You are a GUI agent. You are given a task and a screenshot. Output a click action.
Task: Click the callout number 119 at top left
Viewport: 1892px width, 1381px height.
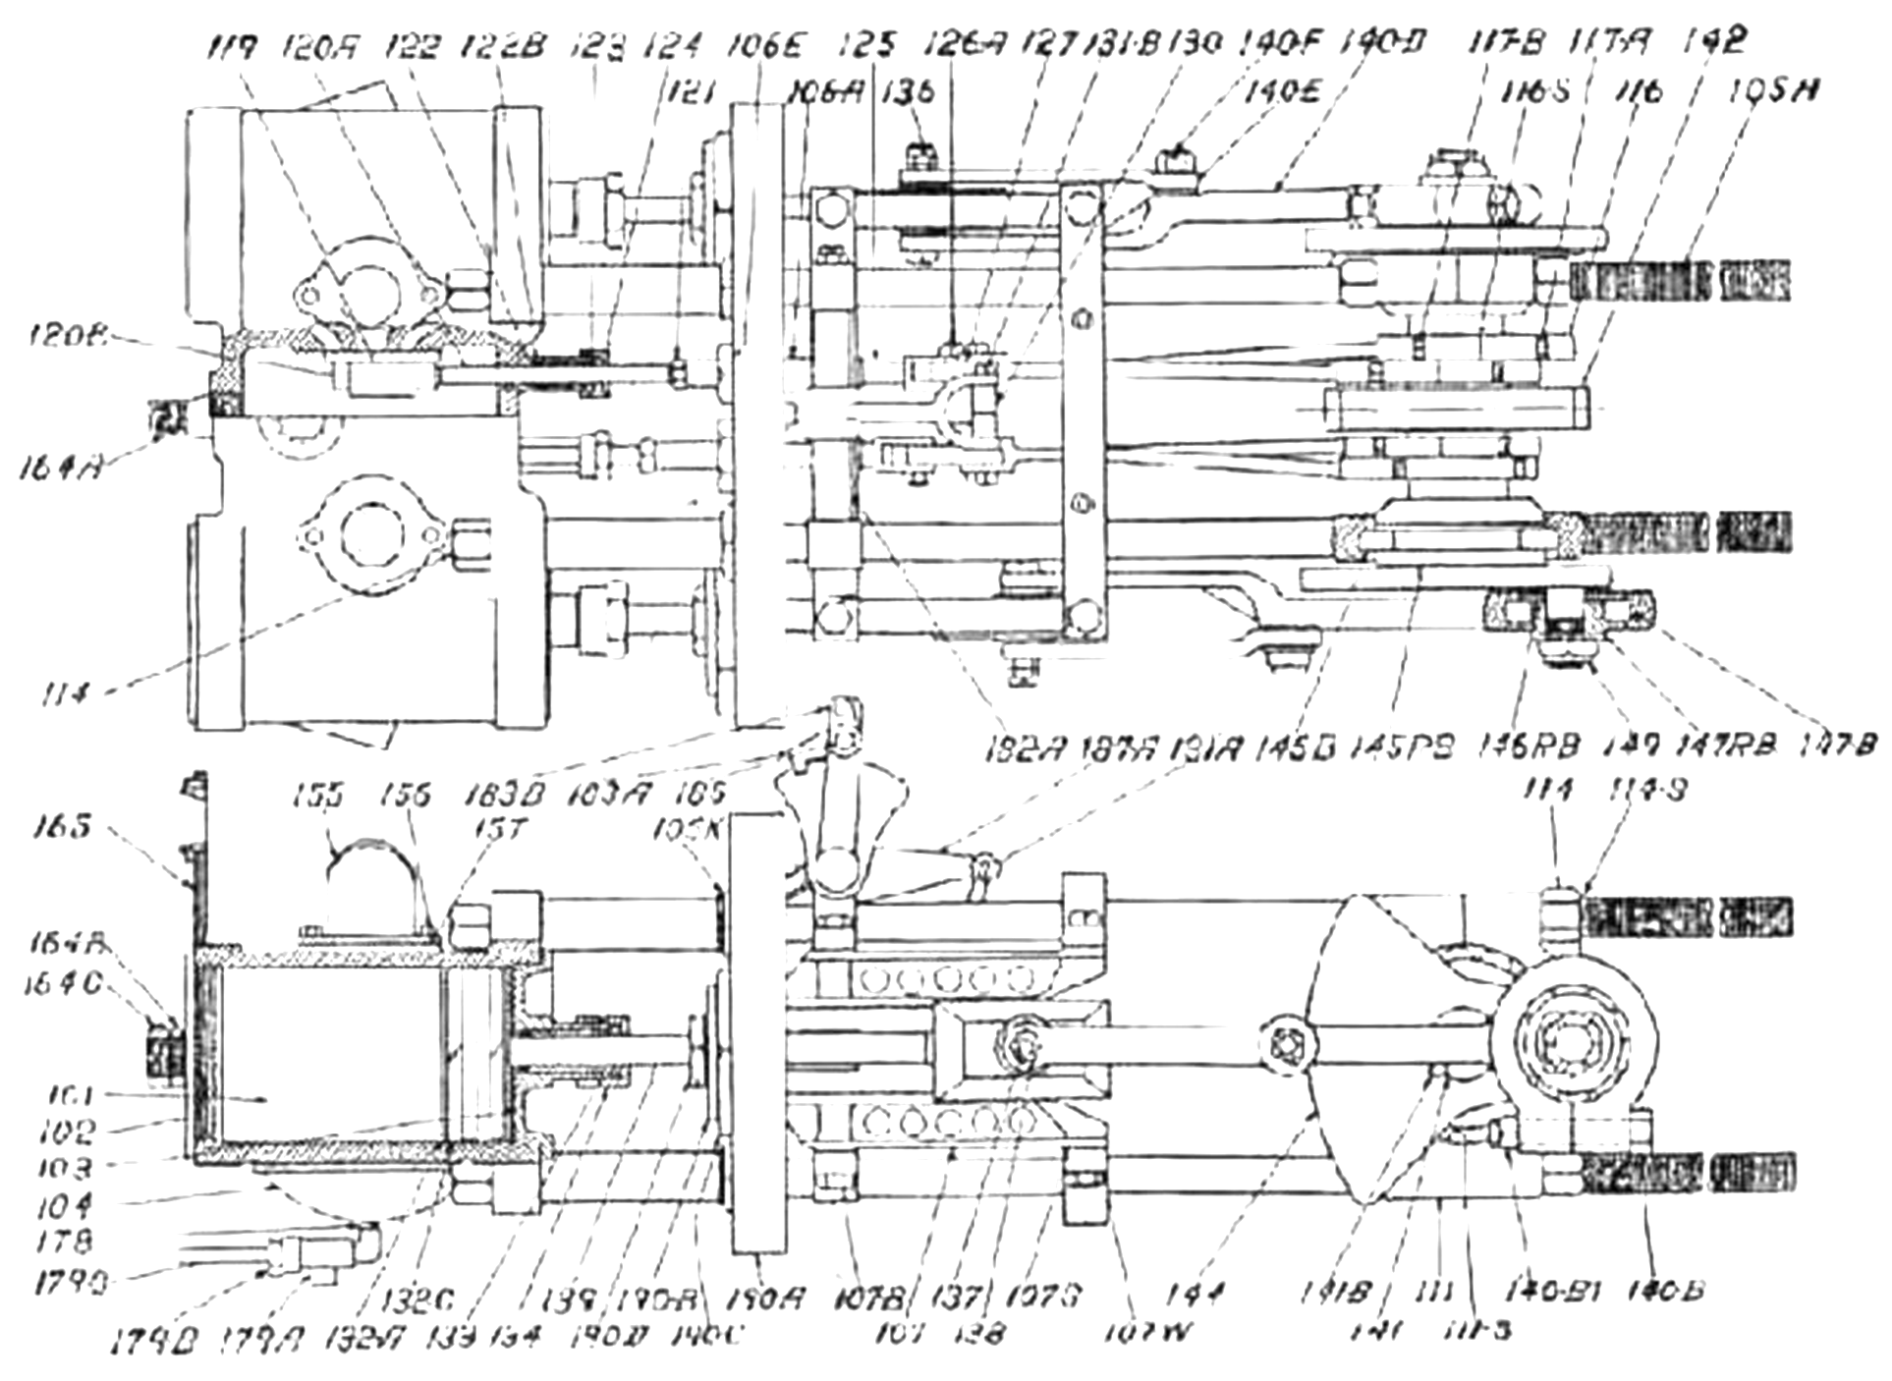tap(234, 46)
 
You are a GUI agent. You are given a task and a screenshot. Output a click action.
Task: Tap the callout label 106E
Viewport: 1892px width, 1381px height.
tap(766, 46)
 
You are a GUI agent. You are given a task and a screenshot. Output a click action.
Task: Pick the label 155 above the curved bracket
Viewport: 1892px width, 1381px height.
tap(319, 795)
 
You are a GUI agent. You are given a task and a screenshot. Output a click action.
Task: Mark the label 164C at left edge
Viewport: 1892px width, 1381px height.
tap(61, 982)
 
